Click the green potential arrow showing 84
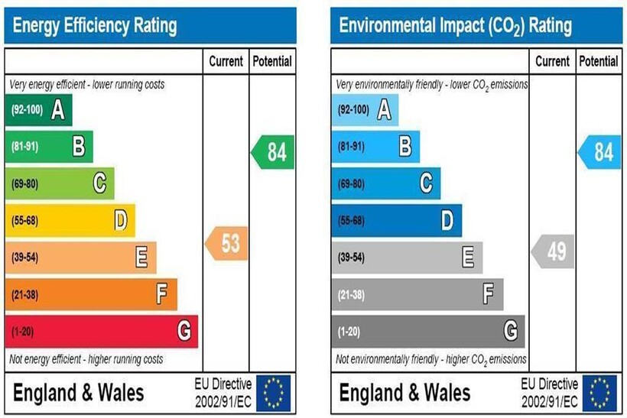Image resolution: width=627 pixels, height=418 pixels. (x=274, y=152)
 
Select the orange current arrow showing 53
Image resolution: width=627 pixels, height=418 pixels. (x=227, y=244)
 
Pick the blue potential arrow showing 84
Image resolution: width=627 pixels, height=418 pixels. (x=600, y=152)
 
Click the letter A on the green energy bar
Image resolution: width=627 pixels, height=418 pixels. (x=57, y=111)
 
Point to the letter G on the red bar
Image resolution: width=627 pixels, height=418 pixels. (x=184, y=331)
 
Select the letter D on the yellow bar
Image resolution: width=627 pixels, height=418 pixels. (x=120, y=221)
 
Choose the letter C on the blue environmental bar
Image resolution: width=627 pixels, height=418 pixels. (x=426, y=183)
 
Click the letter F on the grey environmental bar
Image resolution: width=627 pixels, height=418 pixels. (x=489, y=294)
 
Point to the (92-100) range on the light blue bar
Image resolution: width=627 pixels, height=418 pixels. (x=354, y=110)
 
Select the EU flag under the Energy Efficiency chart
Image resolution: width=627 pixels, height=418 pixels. (x=273, y=393)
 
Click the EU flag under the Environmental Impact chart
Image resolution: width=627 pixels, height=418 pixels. (x=599, y=393)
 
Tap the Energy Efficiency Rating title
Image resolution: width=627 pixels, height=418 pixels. (x=96, y=26)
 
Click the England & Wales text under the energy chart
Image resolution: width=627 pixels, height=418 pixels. (x=79, y=393)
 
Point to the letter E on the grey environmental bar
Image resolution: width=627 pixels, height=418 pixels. (x=468, y=258)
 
